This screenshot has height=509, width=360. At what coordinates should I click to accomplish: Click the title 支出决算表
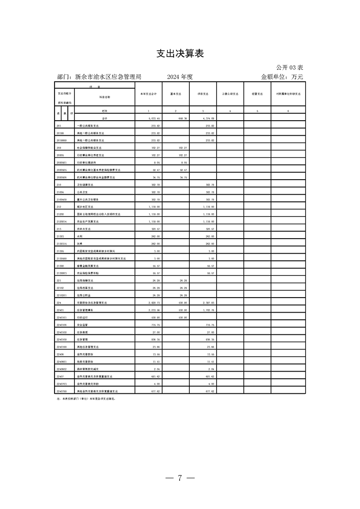(x=180, y=54)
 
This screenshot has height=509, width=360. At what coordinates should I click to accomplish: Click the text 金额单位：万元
(x=281, y=77)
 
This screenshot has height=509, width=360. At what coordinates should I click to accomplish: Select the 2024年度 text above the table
(x=180, y=77)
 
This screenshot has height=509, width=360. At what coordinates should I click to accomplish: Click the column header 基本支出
(x=176, y=94)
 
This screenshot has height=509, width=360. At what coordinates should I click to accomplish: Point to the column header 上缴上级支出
(x=230, y=94)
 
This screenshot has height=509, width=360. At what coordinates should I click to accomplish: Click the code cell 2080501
(x=62, y=162)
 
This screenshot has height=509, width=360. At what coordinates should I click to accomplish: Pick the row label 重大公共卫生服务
(x=88, y=199)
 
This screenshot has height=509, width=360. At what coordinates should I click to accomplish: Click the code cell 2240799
(x=62, y=391)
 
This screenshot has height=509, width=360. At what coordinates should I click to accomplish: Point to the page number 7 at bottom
(x=180, y=478)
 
